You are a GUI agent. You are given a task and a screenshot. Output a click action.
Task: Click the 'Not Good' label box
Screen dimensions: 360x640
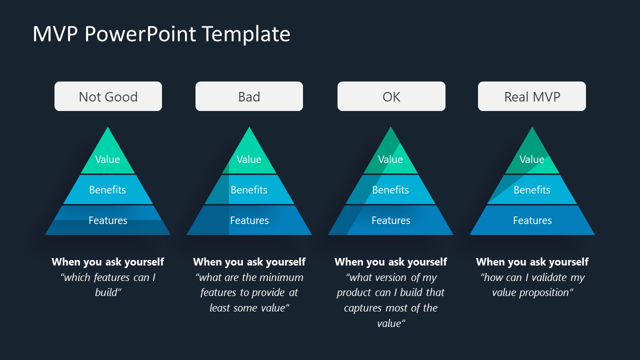coord(108,96)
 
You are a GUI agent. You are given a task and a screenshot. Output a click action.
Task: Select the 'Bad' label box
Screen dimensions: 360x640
coord(249,96)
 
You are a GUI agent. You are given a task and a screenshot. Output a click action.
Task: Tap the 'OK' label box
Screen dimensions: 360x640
coord(391,96)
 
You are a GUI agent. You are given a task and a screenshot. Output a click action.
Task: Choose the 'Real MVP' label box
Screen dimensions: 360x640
coord(531,96)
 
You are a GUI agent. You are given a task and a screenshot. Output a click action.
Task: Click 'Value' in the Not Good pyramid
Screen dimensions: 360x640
coord(107,159)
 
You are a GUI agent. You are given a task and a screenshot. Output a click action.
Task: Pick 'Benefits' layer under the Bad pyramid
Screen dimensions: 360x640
coord(249,190)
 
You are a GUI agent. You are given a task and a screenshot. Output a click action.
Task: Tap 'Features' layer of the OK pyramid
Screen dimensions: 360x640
coord(391,220)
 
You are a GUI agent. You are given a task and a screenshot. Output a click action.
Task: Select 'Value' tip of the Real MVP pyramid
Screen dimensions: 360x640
coord(531,159)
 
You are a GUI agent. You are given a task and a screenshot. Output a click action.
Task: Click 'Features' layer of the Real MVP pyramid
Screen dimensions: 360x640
coord(532,220)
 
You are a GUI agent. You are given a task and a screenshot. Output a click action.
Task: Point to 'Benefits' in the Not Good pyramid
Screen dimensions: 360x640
coord(107,190)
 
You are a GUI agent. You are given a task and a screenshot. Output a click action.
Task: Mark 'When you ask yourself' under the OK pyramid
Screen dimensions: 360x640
coord(390,262)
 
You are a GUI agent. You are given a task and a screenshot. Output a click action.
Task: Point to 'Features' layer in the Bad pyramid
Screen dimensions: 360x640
coord(249,220)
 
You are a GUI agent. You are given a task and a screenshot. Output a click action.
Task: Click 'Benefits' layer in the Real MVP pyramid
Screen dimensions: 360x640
coord(531,190)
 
